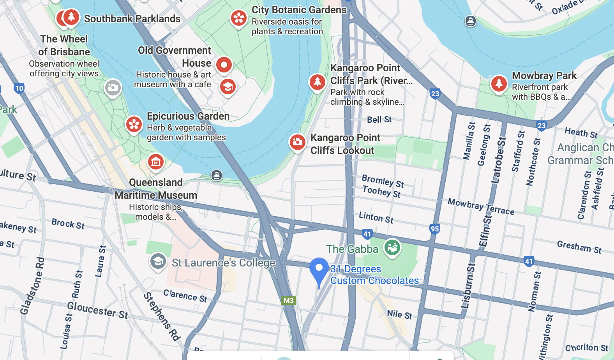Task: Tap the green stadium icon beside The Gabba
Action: point(392,247)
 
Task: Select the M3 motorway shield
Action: point(288,300)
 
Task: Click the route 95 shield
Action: point(435,229)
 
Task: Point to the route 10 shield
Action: point(19,88)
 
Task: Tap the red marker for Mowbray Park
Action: point(499,83)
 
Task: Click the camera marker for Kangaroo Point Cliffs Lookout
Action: point(297,142)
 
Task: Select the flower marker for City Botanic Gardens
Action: point(238,18)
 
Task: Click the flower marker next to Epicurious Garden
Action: point(134,124)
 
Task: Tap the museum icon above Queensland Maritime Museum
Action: point(156,162)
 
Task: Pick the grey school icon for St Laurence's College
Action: point(158,261)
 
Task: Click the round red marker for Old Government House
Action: point(224,65)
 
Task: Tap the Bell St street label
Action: point(379,120)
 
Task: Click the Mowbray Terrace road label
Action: point(481,206)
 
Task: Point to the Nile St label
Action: point(399,314)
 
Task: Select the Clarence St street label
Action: point(185,295)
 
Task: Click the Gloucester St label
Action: point(97,310)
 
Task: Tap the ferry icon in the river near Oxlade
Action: point(471,21)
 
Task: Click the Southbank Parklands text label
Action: point(132,19)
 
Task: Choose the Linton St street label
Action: point(376,217)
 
